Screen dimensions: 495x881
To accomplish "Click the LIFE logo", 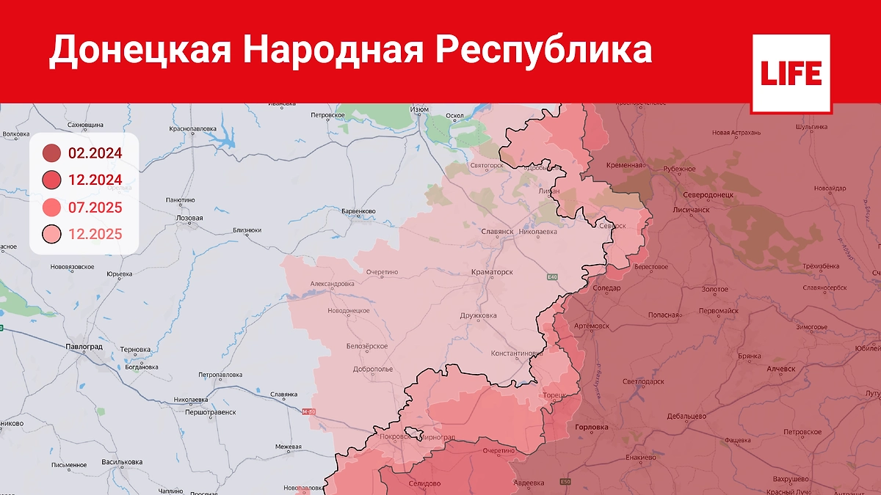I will pyautogui.click(x=791, y=73).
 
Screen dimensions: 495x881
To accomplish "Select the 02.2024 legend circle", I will pyautogui.click(x=51, y=153).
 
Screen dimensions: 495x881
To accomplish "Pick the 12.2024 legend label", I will pyautogui.click(x=95, y=180).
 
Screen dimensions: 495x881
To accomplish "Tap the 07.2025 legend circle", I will pyautogui.click(x=51, y=208).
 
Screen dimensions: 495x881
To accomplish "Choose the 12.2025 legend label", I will pyautogui.click(x=95, y=235).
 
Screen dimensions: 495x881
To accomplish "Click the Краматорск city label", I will pyautogui.click(x=492, y=272).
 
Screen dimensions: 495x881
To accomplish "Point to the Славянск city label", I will pyautogui.click(x=497, y=231).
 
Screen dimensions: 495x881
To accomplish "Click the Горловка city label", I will pyautogui.click(x=592, y=427).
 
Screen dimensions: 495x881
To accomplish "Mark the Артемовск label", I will pyautogui.click(x=591, y=326).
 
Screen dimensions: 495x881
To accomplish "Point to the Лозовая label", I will pyautogui.click(x=189, y=219).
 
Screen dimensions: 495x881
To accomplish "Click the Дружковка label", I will pyautogui.click(x=478, y=315).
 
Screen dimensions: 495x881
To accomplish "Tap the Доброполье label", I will pyautogui.click(x=372, y=369).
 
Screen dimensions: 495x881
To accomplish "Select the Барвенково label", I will pyautogui.click(x=359, y=211).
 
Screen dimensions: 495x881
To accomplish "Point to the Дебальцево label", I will pyautogui.click(x=686, y=416).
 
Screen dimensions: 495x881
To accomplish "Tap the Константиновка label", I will pyautogui.click(x=517, y=353).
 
